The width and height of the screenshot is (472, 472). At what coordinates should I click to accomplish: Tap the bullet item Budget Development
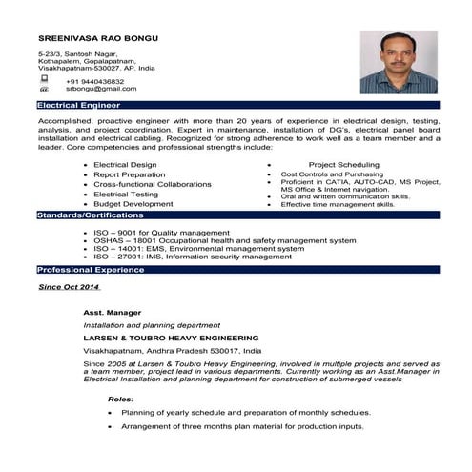coord(133,203)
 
